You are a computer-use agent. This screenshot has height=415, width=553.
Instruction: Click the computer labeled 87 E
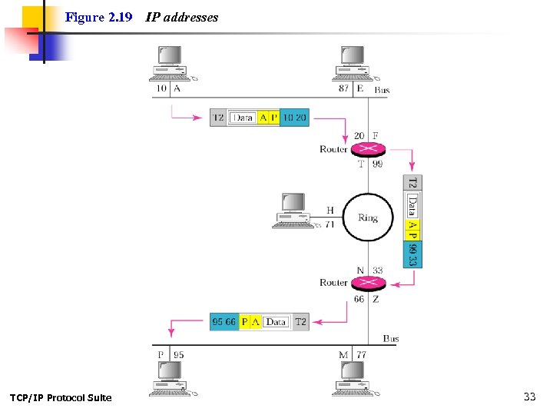click(x=353, y=63)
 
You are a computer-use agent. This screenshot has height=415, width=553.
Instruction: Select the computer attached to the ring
click(x=293, y=211)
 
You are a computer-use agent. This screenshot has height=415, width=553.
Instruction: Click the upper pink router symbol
click(x=369, y=149)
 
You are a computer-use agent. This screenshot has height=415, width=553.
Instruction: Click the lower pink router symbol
click(x=369, y=282)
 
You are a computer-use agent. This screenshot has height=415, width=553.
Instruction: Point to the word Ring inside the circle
click(x=368, y=217)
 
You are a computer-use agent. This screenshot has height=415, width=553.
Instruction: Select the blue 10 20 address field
click(x=294, y=118)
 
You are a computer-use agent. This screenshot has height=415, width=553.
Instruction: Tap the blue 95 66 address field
click(x=224, y=322)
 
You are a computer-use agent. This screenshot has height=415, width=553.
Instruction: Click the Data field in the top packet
click(x=243, y=118)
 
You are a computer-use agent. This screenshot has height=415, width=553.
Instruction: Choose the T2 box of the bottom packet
click(x=300, y=322)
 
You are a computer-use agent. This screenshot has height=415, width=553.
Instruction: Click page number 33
click(x=529, y=397)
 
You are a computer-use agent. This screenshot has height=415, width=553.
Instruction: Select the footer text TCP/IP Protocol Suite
click(x=61, y=397)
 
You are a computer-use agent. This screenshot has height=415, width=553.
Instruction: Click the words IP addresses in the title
click(x=182, y=17)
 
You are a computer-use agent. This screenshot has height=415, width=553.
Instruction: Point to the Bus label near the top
click(x=382, y=90)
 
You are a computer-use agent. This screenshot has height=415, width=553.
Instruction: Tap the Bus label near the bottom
click(x=391, y=338)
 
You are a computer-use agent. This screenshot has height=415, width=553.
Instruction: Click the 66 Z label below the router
click(x=366, y=299)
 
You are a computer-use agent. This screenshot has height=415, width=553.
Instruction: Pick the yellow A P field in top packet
click(x=268, y=118)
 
